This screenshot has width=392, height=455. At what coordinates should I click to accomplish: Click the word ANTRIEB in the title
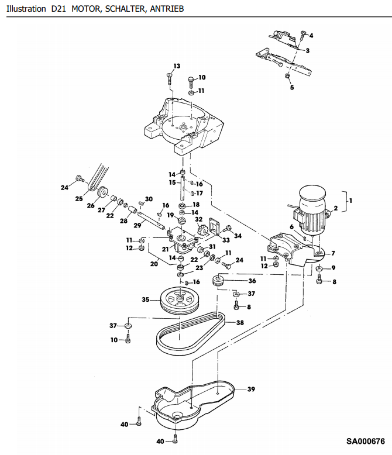(167, 9)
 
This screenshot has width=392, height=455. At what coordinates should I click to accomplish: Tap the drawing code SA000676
(365, 442)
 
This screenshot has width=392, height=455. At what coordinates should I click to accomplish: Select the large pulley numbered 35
(180, 300)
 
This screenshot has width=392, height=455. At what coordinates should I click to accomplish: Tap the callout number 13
(177, 66)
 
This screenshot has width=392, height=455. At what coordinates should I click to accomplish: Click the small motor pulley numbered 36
(218, 280)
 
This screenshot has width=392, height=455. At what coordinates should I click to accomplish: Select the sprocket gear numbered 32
(201, 230)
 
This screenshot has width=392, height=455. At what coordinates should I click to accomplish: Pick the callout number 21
(165, 249)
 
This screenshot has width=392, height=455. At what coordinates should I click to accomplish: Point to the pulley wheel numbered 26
(102, 192)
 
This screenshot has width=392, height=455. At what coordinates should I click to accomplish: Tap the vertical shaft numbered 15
(183, 189)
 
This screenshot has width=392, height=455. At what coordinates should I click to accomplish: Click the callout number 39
(251, 389)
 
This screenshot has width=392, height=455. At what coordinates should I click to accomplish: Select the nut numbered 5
(287, 76)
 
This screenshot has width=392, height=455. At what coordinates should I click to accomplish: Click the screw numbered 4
(303, 35)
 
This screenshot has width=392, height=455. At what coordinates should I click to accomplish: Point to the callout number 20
(154, 264)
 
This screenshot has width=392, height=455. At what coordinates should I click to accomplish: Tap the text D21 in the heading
(59, 9)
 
